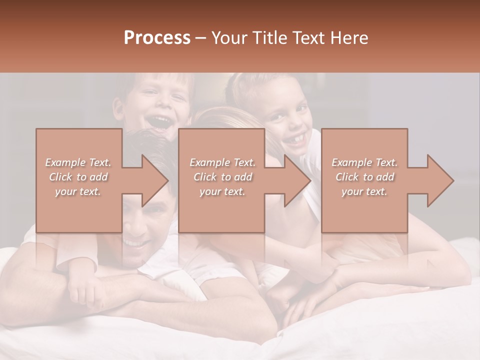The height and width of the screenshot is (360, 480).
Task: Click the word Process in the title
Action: [157, 38]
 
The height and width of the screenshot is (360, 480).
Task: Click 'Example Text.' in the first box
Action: [78, 162]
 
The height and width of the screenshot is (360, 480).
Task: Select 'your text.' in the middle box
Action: [222, 191]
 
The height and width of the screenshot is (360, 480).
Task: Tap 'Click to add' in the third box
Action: [364, 177]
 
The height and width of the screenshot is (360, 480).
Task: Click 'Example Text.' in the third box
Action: [364, 162]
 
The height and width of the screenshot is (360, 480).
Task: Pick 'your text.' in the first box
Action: [78, 191]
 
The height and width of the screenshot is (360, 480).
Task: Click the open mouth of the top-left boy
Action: [160, 122]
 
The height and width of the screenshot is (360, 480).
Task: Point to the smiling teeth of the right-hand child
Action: [296, 140]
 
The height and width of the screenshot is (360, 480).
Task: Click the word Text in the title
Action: [310, 38]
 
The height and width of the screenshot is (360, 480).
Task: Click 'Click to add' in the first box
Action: [78, 177]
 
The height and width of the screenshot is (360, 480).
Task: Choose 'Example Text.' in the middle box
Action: [222, 162]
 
